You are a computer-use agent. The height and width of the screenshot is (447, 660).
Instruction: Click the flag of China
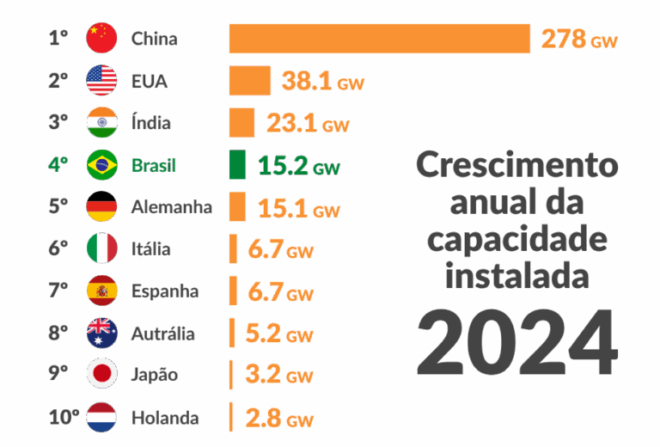tap(101, 39)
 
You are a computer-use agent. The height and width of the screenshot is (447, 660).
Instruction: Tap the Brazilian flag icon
tap(101, 165)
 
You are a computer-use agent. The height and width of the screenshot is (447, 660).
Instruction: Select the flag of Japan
tap(101, 376)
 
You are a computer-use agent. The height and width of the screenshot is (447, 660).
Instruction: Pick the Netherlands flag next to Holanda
tap(101, 418)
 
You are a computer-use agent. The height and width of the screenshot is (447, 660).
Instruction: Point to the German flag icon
tap(101, 207)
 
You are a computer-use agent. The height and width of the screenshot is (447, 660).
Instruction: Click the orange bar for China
tap(379, 39)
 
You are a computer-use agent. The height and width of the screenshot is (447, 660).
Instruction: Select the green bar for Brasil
tap(237, 165)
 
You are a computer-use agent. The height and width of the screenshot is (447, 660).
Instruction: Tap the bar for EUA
tap(250, 81)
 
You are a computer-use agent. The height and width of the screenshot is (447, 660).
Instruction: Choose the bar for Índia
tap(241, 123)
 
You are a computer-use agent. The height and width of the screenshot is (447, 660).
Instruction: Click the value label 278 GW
tap(578, 40)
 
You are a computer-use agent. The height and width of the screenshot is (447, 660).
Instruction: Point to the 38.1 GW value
tap(323, 82)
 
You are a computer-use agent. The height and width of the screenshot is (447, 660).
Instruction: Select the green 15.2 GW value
tap(298, 166)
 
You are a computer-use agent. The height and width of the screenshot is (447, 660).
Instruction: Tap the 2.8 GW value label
tap(278, 419)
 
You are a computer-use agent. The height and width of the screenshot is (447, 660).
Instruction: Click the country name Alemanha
tap(171, 207)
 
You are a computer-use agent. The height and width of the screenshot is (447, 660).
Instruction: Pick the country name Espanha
tap(164, 291)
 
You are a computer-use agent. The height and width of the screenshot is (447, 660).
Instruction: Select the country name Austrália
tap(162, 334)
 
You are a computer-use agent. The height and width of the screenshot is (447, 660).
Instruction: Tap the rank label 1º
tap(58, 39)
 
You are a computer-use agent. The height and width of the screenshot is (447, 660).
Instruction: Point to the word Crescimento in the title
tap(516, 164)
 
